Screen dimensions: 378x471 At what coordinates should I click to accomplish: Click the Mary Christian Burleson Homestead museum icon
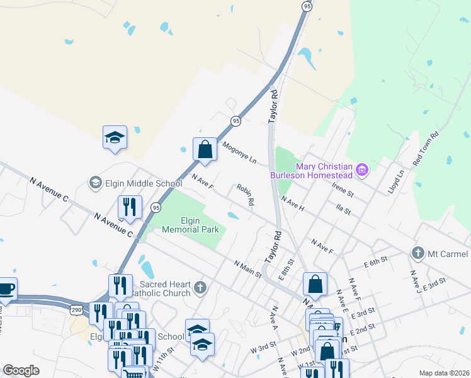pos(362,169)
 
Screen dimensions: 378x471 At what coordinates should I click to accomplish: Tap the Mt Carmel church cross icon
pos(417,253)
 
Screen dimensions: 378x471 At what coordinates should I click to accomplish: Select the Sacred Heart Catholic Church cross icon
pos(200,288)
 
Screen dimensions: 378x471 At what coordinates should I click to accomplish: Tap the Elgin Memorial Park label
pos(190,225)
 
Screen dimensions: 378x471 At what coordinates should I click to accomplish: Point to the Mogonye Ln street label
pos(240,152)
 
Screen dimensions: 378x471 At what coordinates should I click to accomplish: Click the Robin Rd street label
pos(246,195)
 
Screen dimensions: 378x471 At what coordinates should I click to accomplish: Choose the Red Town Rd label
pos(425,149)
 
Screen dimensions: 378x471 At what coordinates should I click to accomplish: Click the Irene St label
pos(344,188)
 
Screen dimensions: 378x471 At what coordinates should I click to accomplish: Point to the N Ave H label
pos(293,203)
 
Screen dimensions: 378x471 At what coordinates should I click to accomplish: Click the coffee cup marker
pos(6,289)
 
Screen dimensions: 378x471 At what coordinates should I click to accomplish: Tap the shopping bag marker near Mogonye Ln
pos(205,150)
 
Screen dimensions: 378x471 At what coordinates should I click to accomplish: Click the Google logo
pos(21,370)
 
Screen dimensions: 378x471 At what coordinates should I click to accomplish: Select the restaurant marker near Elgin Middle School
pos(130,207)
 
